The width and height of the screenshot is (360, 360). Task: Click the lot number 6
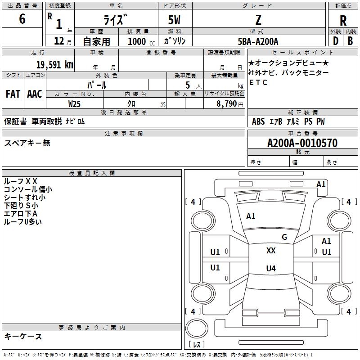pyautogui.click(x=22, y=19)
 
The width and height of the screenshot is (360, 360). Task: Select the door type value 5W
pyautogui.click(x=174, y=20)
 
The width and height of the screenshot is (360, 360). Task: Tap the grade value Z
pyautogui.click(x=258, y=20)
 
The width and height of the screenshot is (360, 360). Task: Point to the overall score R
pyautogui.click(x=343, y=21)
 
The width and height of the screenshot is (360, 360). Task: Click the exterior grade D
pyautogui.click(x=336, y=41)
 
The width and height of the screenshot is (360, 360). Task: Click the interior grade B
pyautogui.click(x=350, y=41)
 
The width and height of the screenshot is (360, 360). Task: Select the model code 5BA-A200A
pyautogui.click(x=258, y=41)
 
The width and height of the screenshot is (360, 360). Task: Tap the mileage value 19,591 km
pyautogui.click(x=55, y=64)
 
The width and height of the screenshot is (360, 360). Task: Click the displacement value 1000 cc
pyautogui.click(x=141, y=41)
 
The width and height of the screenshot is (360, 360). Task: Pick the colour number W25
pyautogui.click(x=74, y=104)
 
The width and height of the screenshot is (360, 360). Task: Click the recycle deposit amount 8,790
pyautogui.click(x=227, y=103)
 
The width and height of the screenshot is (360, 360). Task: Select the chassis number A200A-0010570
pyautogui.click(x=302, y=143)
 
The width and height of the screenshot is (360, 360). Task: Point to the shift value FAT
pyautogui.click(x=13, y=94)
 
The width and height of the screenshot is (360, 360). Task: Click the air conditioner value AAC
pyautogui.click(x=35, y=94)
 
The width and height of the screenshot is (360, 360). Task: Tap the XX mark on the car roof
pyautogui.click(x=271, y=251)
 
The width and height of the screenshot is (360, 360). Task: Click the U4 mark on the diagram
pyautogui.click(x=271, y=268)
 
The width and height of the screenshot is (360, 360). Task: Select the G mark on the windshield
pyautogui.click(x=284, y=237)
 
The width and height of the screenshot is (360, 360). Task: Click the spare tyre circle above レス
pyautogui.click(x=197, y=328)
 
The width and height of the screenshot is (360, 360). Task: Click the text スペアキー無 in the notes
pyautogui.click(x=27, y=143)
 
